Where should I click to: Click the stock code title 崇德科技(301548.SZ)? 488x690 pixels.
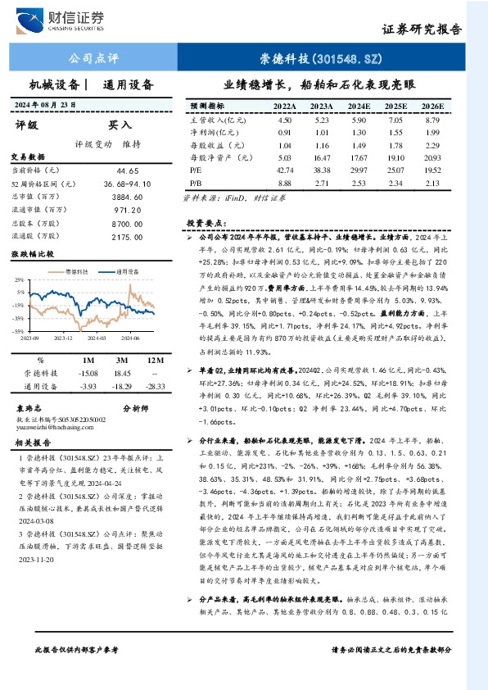(321, 59)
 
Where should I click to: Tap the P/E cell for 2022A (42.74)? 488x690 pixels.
(285, 169)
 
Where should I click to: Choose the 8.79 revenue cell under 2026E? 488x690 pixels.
(433, 120)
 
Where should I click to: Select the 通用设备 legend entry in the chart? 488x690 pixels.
(127, 269)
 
